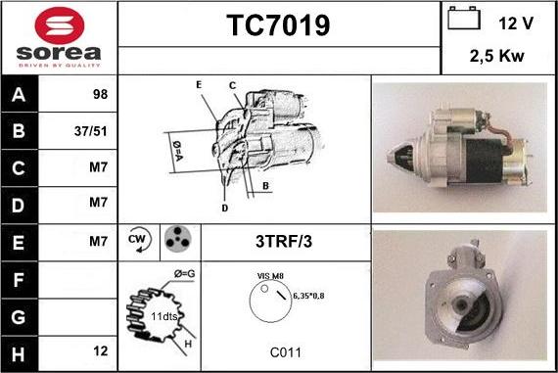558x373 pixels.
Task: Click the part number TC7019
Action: click(x=278, y=26)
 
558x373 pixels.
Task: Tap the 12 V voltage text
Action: click(x=517, y=22)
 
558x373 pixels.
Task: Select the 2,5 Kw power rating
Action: click(x=497, y=57)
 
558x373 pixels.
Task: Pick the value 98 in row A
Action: click(x=98, y=95)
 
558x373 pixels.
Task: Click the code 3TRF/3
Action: click(x=285, y=239)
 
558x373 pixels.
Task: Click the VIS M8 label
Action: click(x=271, y=276)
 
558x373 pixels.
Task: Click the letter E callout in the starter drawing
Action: click(x=199, y=85)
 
